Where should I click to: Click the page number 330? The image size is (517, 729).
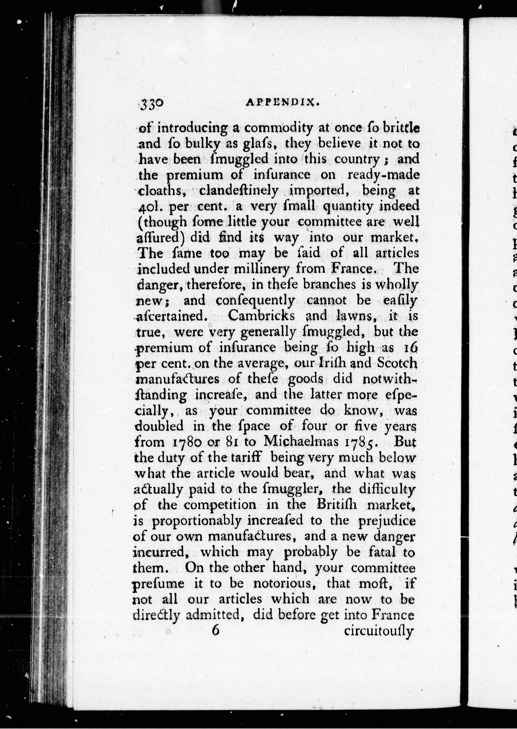pyautogui.click(x=152, y=104)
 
